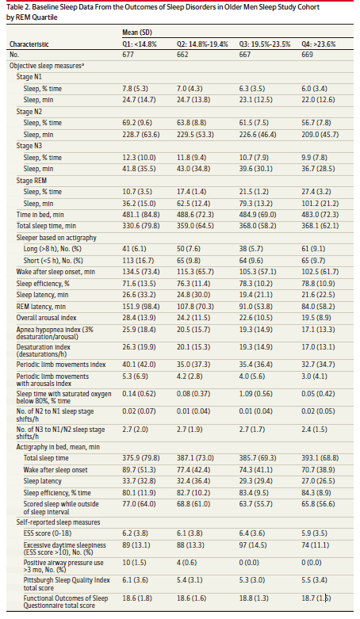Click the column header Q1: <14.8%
[x=139, y=44]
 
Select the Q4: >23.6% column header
[x=319, y=44]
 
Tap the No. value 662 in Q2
[x=182, y=55]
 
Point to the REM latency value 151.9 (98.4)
[x=139, y=307]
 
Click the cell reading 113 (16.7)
[x=138, y=261]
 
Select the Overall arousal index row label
[x=46, y=318]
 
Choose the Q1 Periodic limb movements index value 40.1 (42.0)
[x=139, y=365]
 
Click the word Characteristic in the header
[x=29, y=44]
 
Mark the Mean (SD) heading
[x=137, y=32]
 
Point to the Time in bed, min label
[x=40, y=215]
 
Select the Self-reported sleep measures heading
[x=58, y=522]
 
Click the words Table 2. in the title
[x=17, y=7]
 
